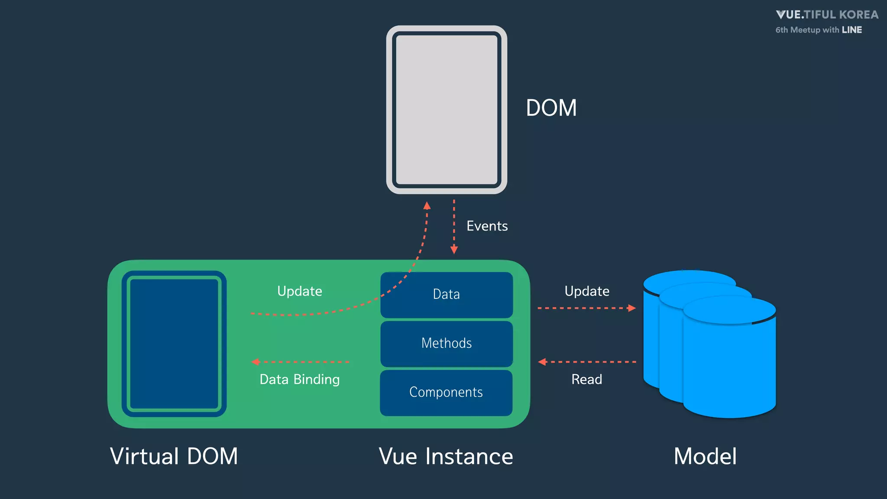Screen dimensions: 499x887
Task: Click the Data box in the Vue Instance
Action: (x=447, y=295)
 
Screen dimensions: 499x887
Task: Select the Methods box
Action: (x=447, y=343)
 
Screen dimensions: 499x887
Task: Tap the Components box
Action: (x=446, y=392)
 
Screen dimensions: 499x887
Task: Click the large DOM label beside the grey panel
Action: (x=551, y=108)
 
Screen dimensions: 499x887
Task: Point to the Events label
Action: (x=487, y=226)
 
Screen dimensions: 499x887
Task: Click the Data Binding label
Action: (x=300, y=379)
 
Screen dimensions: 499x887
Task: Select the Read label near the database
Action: (x=586, y=379)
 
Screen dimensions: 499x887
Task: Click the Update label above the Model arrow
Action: (x=587, y=291)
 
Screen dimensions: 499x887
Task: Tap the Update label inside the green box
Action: (x=300, y=291)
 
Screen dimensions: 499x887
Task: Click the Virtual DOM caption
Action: (x=174, y=457)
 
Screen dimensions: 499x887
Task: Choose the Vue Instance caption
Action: (x=446, y=457)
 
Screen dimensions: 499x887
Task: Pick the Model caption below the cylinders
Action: (x=705, y=457)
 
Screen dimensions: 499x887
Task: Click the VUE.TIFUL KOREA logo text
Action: (x=827, y=15)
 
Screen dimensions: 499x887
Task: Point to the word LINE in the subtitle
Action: (x=851, y=30)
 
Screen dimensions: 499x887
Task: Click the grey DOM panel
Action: (x=447, y=110)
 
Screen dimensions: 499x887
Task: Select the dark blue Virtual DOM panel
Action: (x=174, y=344)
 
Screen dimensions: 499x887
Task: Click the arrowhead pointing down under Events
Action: (x=454, y=250)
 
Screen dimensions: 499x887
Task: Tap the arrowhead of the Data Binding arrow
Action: (x=256, y=362)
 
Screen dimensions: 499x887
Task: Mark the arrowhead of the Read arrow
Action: (x=542, y=362)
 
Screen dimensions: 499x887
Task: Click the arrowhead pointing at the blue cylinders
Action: (x=632, y=308)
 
